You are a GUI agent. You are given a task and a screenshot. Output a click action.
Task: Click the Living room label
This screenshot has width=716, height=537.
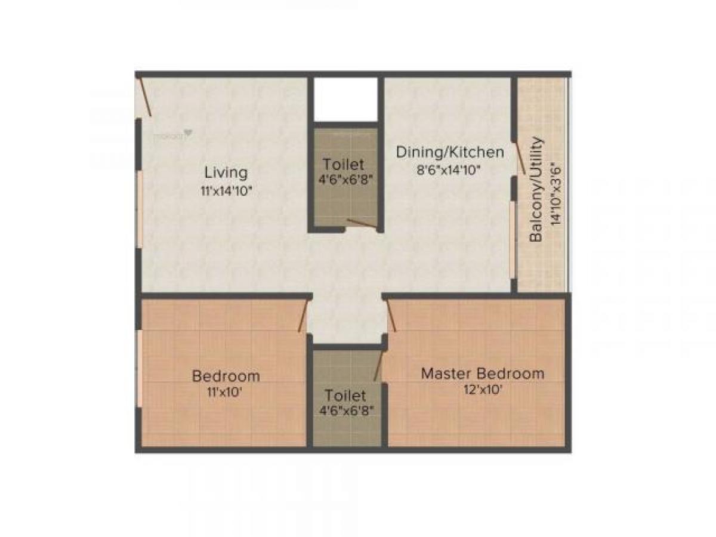pos(226,173)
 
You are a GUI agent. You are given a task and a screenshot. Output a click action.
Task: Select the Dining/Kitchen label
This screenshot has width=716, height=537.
pos(450,152)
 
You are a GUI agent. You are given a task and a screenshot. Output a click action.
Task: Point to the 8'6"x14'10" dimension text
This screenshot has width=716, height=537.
pos(449,169)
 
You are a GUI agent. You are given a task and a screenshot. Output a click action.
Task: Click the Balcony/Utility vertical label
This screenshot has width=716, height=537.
pos(536,190)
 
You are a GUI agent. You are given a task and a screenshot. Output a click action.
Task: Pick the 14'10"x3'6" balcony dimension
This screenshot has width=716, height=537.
pos(556,193)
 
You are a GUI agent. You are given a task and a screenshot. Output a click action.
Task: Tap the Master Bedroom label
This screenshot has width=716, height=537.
pos(483,374)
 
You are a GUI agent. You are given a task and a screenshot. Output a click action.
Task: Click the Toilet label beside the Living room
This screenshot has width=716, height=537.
pos(343,164)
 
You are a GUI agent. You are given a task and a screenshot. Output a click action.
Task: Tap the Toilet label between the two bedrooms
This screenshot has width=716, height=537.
pos(345,396)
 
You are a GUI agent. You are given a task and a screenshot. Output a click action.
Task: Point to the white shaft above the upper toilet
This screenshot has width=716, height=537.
pos(346,99)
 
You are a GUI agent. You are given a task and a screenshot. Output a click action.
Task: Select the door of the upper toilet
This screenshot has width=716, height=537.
pos(361,224)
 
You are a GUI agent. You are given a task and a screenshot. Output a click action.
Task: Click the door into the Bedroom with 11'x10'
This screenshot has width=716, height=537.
pos(303,316)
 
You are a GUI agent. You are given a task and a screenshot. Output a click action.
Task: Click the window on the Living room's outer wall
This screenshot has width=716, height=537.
pos(140,209)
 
